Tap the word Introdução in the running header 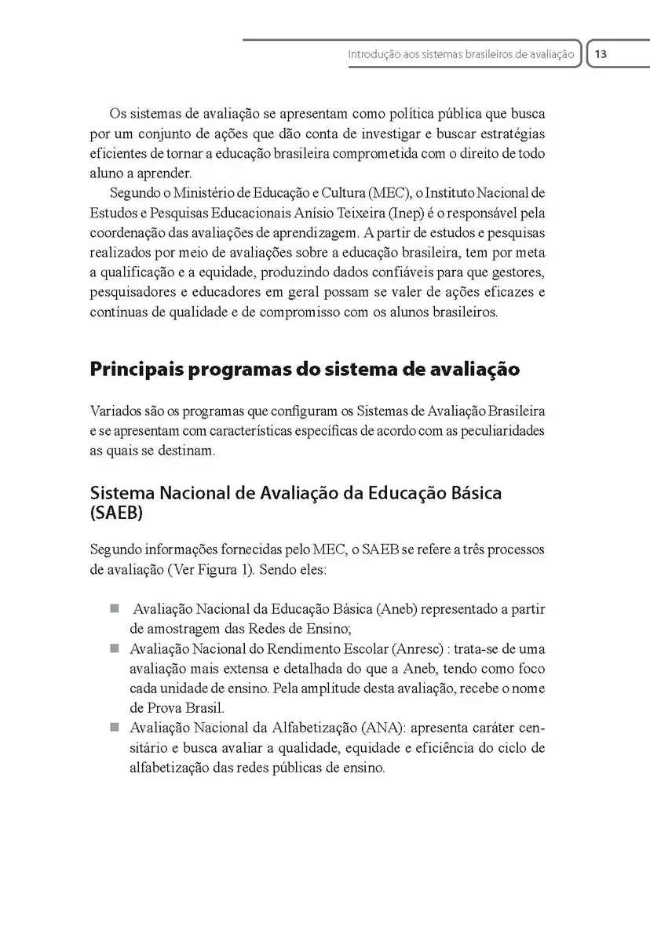click(x=374, y=56)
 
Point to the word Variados click(x=113, y=411)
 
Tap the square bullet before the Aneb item click(x=114, y=608)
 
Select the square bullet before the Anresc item click(x=114, y=648)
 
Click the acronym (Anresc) click(x=411, y=649)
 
